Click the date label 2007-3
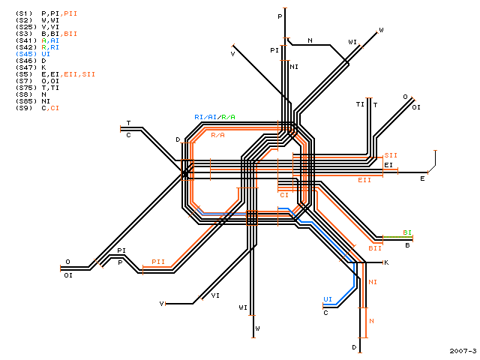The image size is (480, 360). [x=463, y=351]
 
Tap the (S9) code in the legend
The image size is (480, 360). [x=24, y=108]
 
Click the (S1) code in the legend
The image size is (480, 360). [x=24, y=13]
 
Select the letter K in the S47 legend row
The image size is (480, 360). [x=43, y=67]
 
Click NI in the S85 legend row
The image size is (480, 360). [x=46, y=101]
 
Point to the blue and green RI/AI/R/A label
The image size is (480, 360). [x=215, y=117]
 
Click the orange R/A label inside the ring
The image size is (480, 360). [x=217, y=135]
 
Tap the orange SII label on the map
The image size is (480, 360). [x=391, y=155]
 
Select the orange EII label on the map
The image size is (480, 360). [x=364, y=180]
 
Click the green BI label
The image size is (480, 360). [x=407, y=232]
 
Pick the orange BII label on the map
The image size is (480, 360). [x=375, y=248]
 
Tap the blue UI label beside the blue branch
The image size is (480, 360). [x=328, y=299]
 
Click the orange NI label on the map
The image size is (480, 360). [x=373, y=282]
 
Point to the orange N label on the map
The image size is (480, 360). [x=372, y=321]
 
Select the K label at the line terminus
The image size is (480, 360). [x=386, y=262]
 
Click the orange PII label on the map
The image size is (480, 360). [x=158, y=262]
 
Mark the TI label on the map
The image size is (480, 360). [x=360, y=104]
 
